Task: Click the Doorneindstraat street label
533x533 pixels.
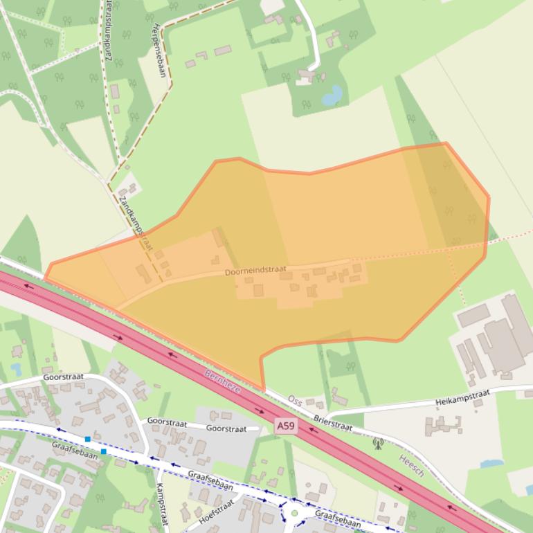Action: [255, 271]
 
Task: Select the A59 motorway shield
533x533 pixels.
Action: [287, 426]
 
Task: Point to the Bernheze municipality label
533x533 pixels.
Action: [222, 380]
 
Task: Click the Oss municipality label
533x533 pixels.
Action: [295, 401]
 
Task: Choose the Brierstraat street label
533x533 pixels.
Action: [333, 423]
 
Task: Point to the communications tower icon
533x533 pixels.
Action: [378, 443]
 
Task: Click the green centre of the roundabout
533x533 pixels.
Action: [294, 514]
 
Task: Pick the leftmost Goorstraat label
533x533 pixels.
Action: [63, 377]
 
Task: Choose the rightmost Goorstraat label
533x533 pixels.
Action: [226, 428]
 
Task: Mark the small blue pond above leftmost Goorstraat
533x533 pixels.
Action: [16, 369]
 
